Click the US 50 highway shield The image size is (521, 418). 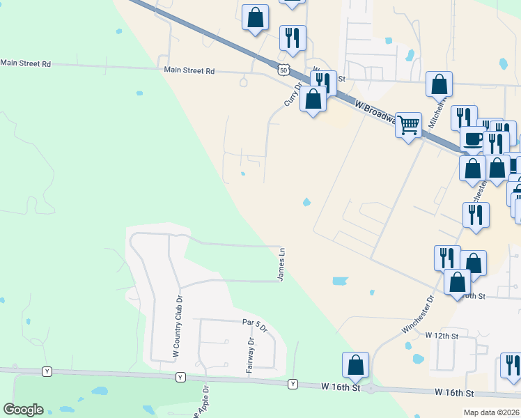click(282, 70)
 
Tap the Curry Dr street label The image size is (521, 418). click(292, 95)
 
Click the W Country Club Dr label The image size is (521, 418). click(178, 327)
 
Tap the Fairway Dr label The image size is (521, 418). click(250, 355)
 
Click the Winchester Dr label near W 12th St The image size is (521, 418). click(418, 313)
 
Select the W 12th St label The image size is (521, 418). click(442, 336)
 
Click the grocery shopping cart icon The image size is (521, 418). click(408, 126)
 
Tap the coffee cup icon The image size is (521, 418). click(474, 139)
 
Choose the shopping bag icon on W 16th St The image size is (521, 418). click(355, 365)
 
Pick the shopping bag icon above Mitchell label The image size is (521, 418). click(440, 84)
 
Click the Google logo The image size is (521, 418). click(24, 410)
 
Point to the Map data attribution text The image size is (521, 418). click(492, 412)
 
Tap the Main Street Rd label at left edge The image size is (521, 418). click(26, 63)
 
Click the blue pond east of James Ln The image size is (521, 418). click(340, 281)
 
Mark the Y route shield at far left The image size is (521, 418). click(47, 371)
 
